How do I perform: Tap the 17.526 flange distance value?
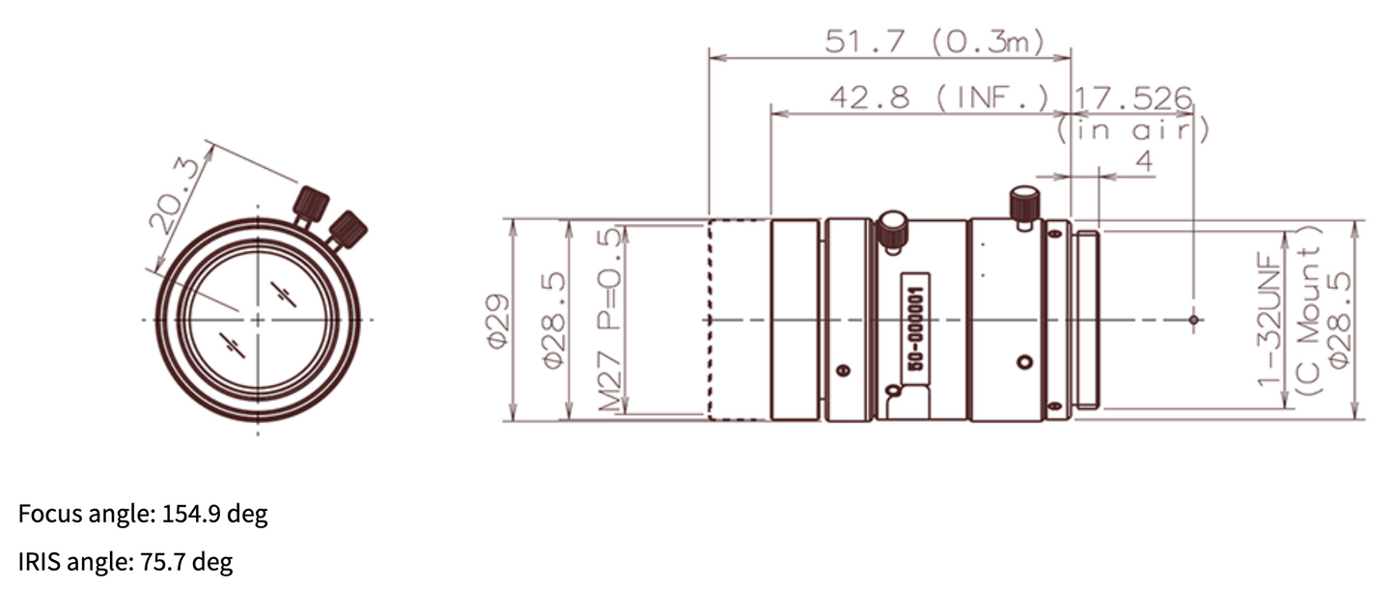[x=1134, y=98]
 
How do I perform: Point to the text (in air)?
[x=1132, y=128]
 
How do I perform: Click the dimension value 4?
[x=1143, y=162]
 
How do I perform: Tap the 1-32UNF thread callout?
[x=1268, y=320]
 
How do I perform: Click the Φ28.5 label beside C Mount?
[x=1340, y=320]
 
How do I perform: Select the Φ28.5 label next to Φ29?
[x=553, y=320]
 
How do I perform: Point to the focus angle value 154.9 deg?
[x=212, y=515]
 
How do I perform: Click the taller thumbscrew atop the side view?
[x=1023, y=206]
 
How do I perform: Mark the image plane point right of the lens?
[x=1194, y=319]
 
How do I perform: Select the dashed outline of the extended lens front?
[x=739, y=320]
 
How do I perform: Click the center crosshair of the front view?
[x=258, y=319]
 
